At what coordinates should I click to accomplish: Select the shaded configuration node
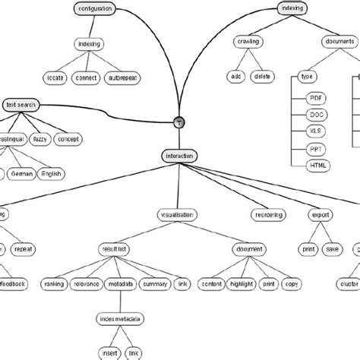click(x=95, y=8)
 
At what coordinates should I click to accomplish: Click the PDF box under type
click(x=315, y=99)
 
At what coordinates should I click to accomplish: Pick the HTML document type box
click(x=315, y=166)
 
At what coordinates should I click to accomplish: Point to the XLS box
click(x=315, y=132)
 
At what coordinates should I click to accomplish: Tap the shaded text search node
click(x=19, y=105)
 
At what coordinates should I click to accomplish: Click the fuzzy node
click(x=39, y=139)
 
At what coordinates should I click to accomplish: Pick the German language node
click(x=21, y=173)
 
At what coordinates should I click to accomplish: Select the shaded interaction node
click(x=178, y=156)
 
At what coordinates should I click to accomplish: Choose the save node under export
click(x=331, y=248)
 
